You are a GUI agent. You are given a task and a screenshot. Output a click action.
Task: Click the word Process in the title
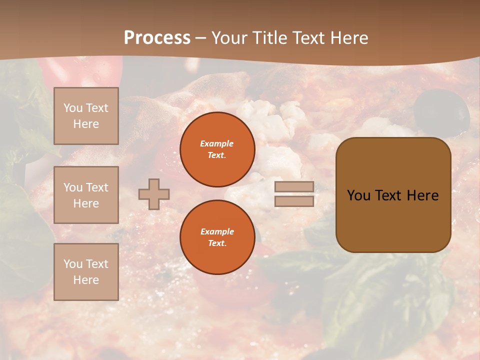click(x=157, y=37)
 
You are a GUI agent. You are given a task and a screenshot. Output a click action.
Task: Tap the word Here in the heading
click(x=347, y=37)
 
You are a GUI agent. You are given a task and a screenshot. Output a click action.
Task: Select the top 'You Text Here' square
click(x=86, y=116)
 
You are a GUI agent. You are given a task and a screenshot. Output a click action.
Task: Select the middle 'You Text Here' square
click(x=86, y=195)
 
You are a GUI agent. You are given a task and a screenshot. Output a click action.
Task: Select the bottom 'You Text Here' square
click(x=86, y=271)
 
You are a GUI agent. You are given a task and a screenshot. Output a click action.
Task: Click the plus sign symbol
click(x=154, y=194)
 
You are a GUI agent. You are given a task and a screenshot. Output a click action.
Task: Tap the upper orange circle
click(x=217, y=149)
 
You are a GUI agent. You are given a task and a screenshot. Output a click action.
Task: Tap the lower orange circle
click(x=217, y=237)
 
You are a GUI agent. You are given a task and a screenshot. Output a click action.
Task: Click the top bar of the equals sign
click(x=294, y=186)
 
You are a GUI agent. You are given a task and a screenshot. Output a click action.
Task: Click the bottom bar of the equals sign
click(x=294, y=201)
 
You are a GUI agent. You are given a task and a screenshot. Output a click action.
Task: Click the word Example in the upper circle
click(x=217, y=143)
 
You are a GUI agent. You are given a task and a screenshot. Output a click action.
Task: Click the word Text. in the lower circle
click(x=217, y=243)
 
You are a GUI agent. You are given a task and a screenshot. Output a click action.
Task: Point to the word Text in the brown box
click(x=388, y=195)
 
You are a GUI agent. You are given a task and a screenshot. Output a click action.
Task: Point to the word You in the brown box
click(x=358, y=195)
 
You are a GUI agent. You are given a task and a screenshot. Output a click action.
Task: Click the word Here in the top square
click(x=86, y=124)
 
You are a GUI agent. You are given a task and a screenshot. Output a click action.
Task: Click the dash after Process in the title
click(x=200, y=38)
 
